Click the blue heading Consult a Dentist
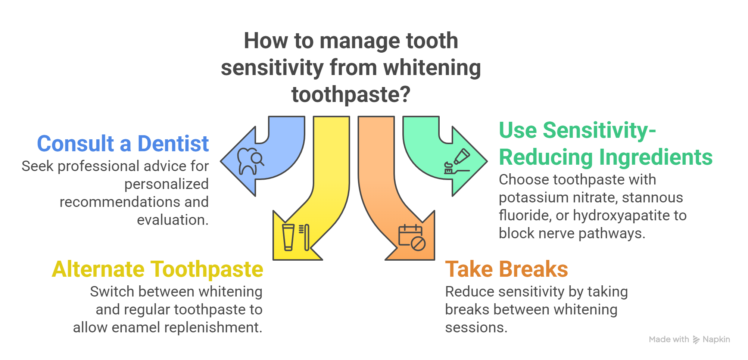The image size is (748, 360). (122, 144)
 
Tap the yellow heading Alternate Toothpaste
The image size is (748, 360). (157, 269)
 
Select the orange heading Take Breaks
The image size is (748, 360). (506, 269)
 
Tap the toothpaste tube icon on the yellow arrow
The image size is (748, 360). (288, 237)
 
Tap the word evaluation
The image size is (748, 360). (172, 220)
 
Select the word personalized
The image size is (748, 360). (166, 184)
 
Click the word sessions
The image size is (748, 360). (476, 328)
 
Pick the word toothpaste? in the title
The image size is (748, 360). (351, 95)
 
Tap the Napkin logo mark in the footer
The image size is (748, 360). (696, 339)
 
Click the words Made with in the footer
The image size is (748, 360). (669, 339)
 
